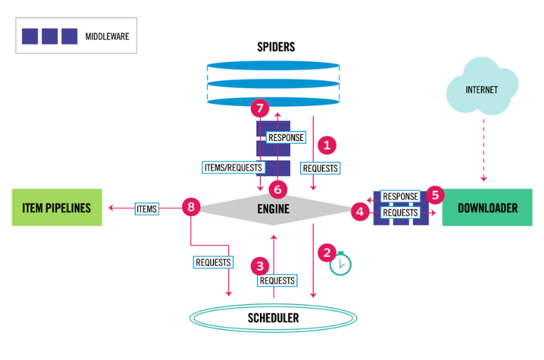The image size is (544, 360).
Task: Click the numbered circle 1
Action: tap(328, 144)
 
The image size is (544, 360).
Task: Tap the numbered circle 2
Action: tap(327, 253)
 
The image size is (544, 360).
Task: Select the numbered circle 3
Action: tap(260, 265)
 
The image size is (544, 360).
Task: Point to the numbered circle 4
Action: tap(359, 212)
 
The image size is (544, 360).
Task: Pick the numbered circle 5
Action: tap(435, 195)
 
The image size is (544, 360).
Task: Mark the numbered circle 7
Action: tap(259, 108)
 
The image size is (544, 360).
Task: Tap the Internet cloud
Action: tap(482, 88)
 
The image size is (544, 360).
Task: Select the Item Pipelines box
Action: tap(56, 208)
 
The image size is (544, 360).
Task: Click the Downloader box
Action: tap(487, 208)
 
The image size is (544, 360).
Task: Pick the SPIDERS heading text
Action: tap(275, 47)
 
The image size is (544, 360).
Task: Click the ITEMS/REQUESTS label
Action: tap(232, 167)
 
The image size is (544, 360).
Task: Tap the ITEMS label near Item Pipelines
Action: tap(146, 209)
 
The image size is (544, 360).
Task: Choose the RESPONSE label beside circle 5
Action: tap(400, 197)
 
